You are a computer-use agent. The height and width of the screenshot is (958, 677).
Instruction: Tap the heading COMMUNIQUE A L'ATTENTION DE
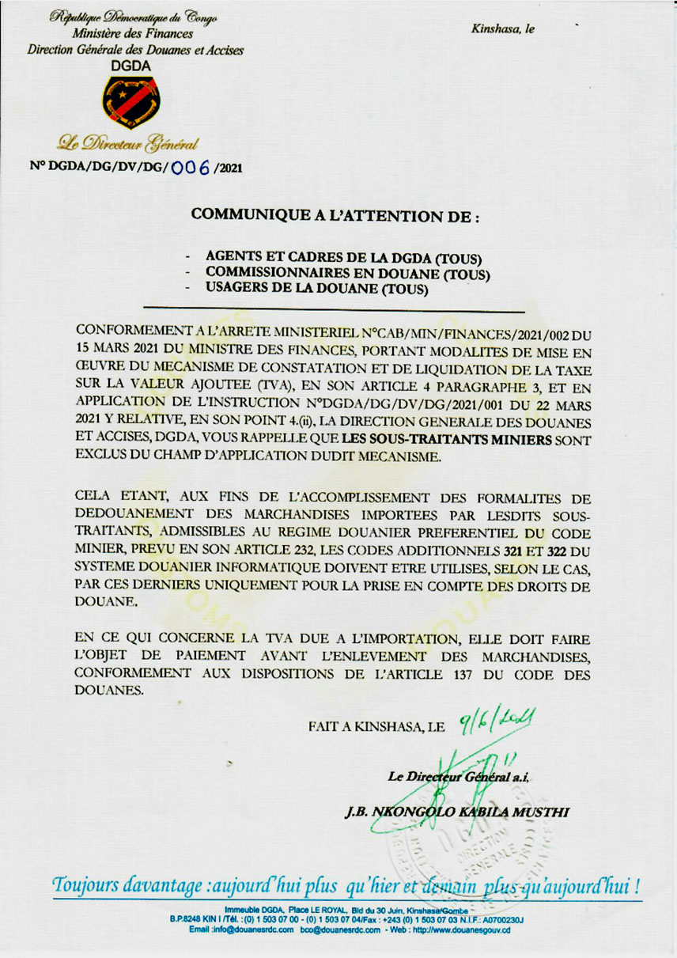point(336,214)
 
